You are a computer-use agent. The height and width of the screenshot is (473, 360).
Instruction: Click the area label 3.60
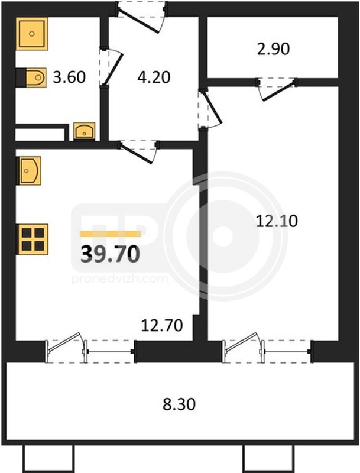pos(69,77)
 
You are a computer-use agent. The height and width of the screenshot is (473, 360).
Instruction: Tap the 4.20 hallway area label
pos(154,77)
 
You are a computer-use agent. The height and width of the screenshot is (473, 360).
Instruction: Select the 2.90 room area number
pos(273,49)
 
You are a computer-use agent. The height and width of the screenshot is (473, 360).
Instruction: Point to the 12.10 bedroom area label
pos(277,221)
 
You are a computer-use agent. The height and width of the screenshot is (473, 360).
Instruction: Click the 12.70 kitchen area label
pos(162,326)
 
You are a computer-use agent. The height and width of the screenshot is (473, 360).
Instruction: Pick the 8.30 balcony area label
pos(179,404)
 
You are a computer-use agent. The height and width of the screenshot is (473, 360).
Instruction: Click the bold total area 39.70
pos(111,254)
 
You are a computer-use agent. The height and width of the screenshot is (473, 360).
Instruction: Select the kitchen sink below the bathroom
pos(30,171)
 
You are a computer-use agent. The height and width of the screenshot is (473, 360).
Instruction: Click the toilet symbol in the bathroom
pos(35,77)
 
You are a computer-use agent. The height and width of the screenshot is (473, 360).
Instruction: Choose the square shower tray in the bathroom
pos(32,34)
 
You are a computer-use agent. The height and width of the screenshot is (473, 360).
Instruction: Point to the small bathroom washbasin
pos(85,131)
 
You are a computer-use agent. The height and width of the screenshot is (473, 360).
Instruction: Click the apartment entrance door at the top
pos(141,15)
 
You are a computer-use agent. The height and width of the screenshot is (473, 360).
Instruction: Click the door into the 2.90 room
pos(277,89)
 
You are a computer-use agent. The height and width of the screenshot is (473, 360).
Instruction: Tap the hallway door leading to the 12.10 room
pos(210,109)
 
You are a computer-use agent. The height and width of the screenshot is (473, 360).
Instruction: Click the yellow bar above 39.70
pos(111,234)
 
